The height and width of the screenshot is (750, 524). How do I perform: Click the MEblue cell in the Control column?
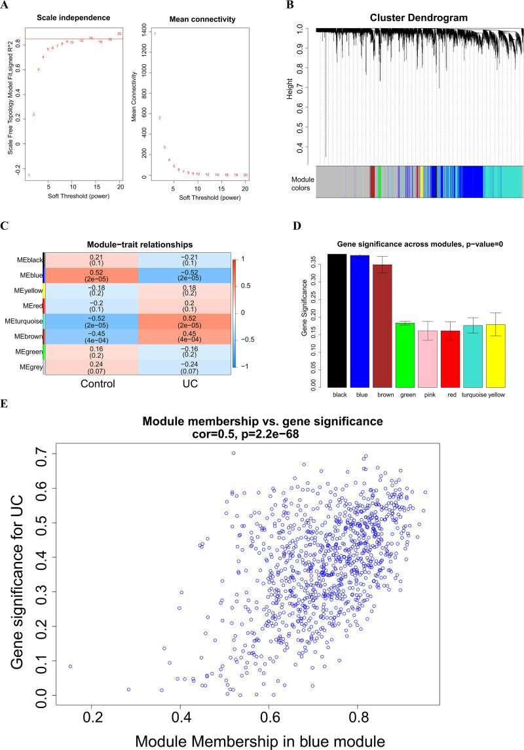pyautogui.click(x=92, y=278)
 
